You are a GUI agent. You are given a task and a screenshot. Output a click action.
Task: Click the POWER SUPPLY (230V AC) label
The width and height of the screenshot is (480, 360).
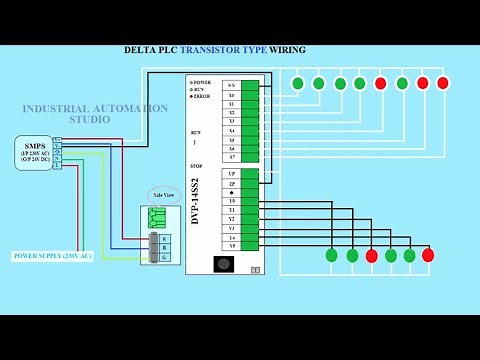52,256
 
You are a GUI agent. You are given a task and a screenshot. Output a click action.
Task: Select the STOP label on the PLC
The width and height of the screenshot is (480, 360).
196,166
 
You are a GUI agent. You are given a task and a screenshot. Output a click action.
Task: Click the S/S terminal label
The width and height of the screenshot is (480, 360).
231,86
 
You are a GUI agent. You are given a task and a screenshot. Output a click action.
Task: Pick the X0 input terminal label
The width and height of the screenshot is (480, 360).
231,95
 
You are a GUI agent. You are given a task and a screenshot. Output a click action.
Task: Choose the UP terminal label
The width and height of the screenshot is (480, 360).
231,174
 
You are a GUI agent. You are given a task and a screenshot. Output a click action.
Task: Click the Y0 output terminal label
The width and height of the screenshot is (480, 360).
231,201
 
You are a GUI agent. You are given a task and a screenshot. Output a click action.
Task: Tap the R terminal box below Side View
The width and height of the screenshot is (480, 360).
165,238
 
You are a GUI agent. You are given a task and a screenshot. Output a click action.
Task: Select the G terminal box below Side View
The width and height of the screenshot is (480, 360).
165,257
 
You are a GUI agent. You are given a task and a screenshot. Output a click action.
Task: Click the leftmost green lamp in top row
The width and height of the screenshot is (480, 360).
297,83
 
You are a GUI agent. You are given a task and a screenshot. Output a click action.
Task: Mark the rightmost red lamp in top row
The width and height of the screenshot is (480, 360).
443,83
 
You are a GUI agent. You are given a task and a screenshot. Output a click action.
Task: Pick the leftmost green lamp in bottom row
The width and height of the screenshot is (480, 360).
331,255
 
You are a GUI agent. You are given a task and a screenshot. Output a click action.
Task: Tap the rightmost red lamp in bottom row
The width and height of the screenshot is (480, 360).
428,255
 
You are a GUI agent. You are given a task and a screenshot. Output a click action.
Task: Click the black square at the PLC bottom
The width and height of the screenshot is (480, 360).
224,264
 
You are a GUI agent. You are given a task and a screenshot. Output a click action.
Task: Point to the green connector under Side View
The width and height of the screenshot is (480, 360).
157,218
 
